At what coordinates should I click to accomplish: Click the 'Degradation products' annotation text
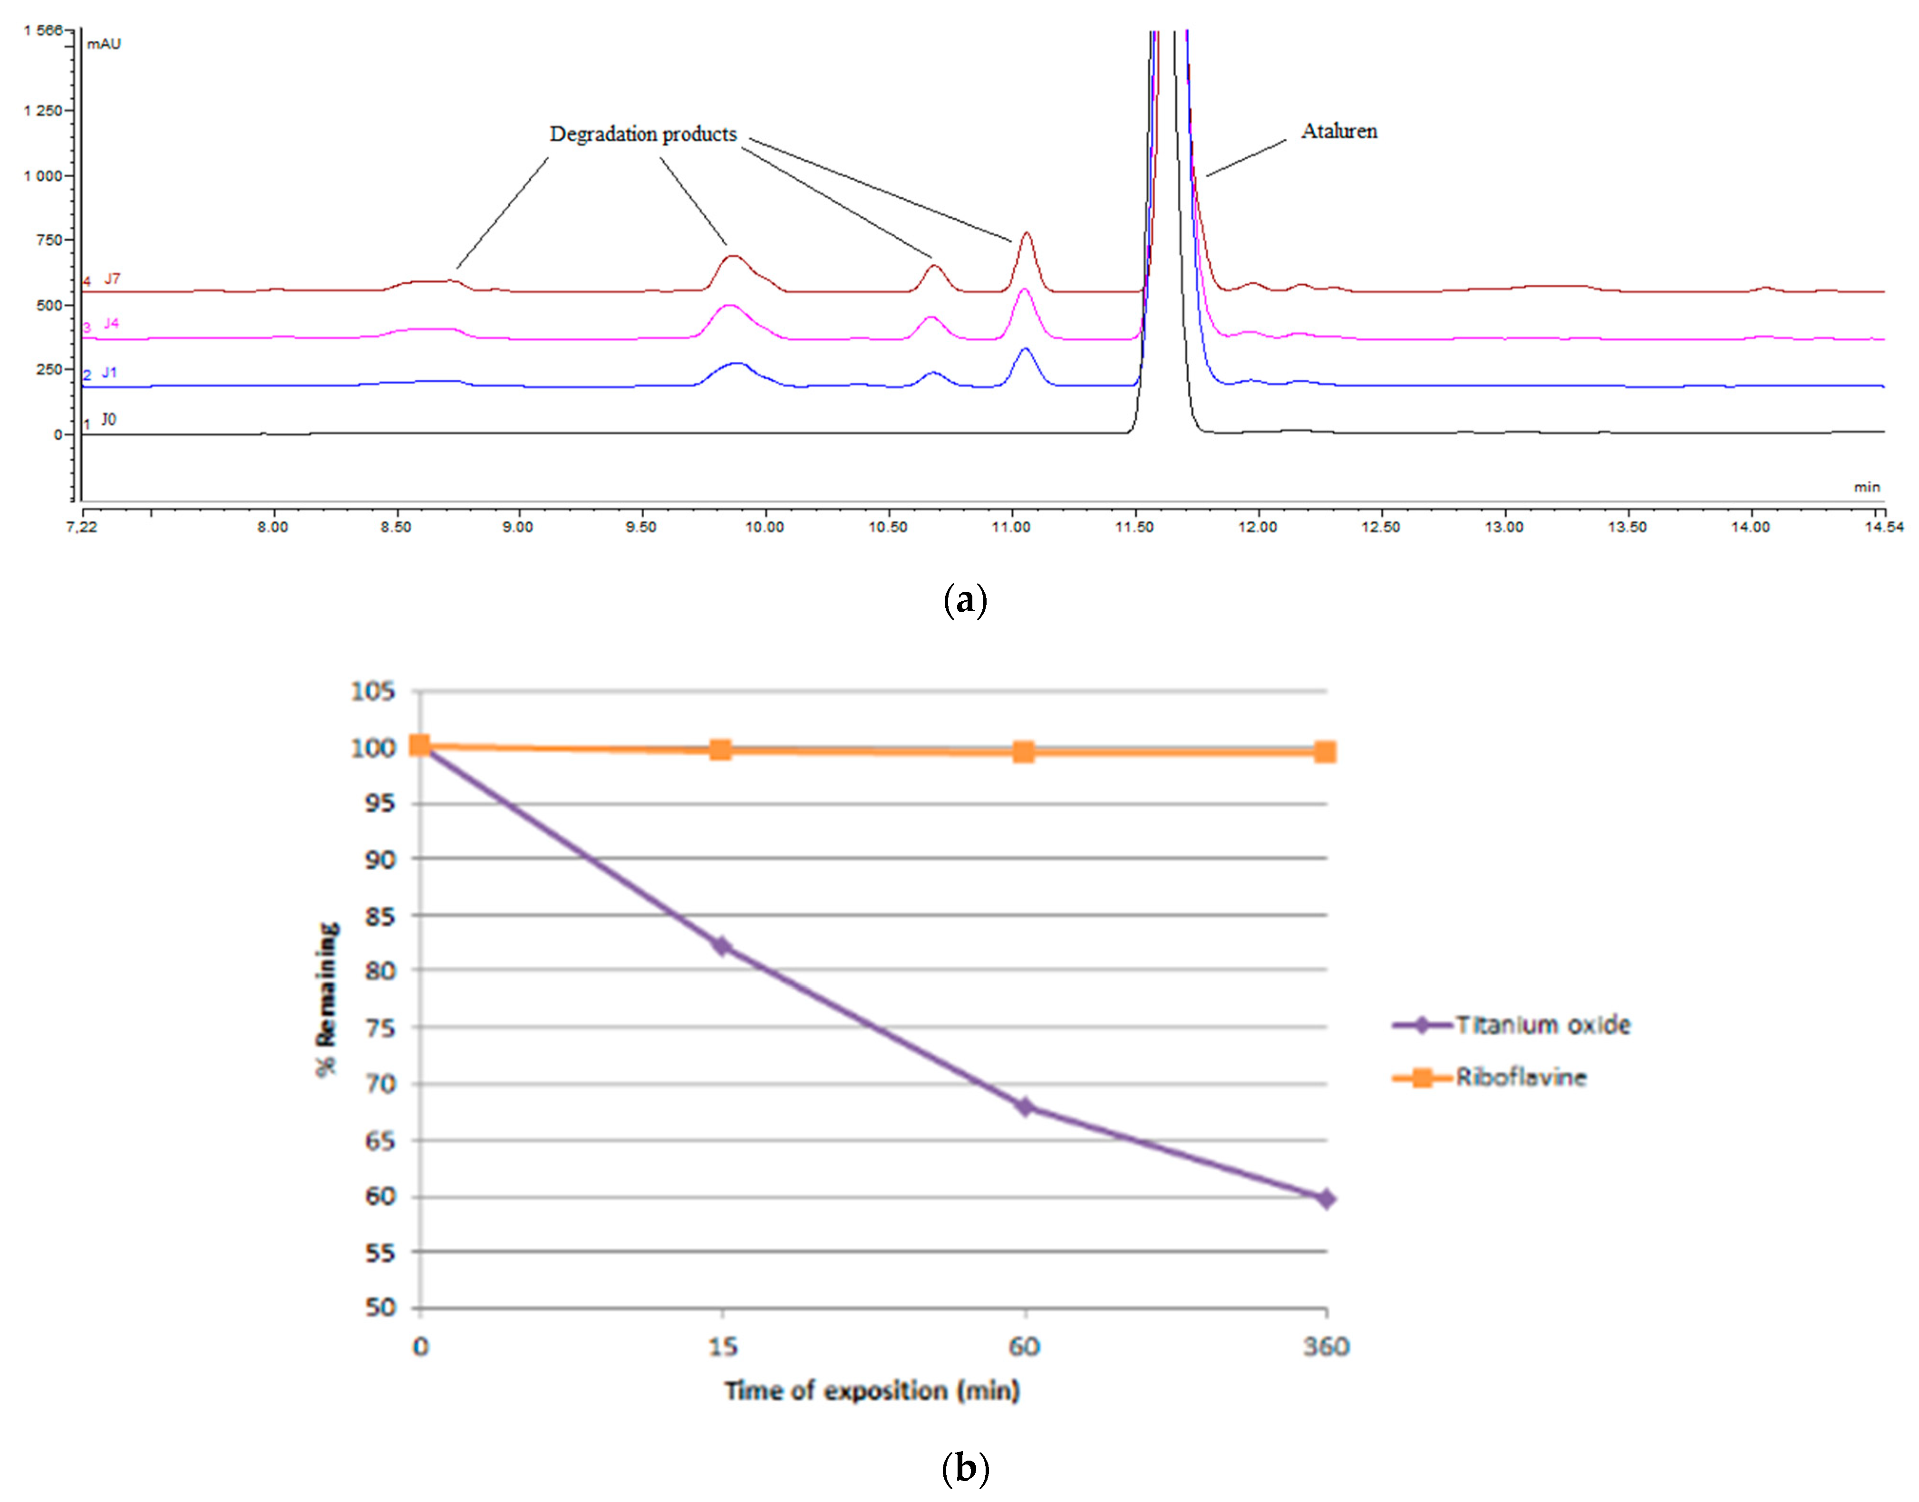643,134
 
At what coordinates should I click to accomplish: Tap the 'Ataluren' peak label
1338,131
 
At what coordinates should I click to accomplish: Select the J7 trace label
112,279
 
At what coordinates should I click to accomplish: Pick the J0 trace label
108,420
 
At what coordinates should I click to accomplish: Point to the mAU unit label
104,44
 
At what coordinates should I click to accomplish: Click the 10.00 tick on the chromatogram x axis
764,527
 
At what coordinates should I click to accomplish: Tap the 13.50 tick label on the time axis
1627,527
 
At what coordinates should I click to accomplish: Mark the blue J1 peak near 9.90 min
737,363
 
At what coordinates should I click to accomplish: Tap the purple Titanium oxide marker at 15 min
722,946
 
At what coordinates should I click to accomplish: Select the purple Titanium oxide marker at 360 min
1325,1199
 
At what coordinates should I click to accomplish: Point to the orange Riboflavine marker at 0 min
420,747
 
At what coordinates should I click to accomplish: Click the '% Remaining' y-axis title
327,998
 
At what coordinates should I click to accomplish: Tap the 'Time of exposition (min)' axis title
872,1390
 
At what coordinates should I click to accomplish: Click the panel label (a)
965,601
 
